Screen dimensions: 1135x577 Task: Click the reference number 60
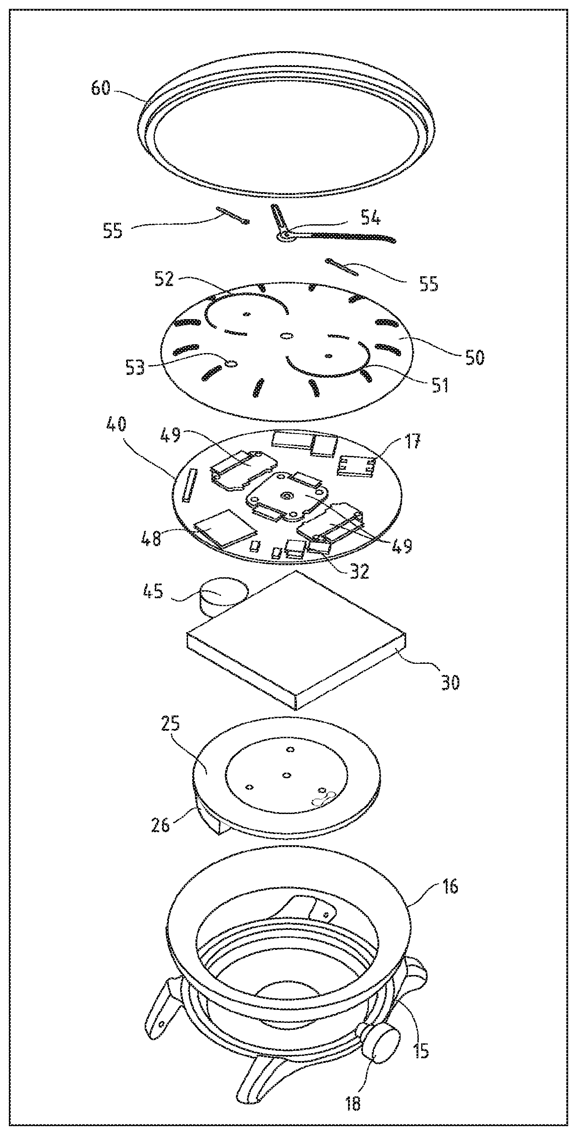(x=101, y=87)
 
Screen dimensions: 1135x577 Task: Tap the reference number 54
(x=370, y=218)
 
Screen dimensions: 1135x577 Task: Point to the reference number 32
(x=358, y=570)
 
